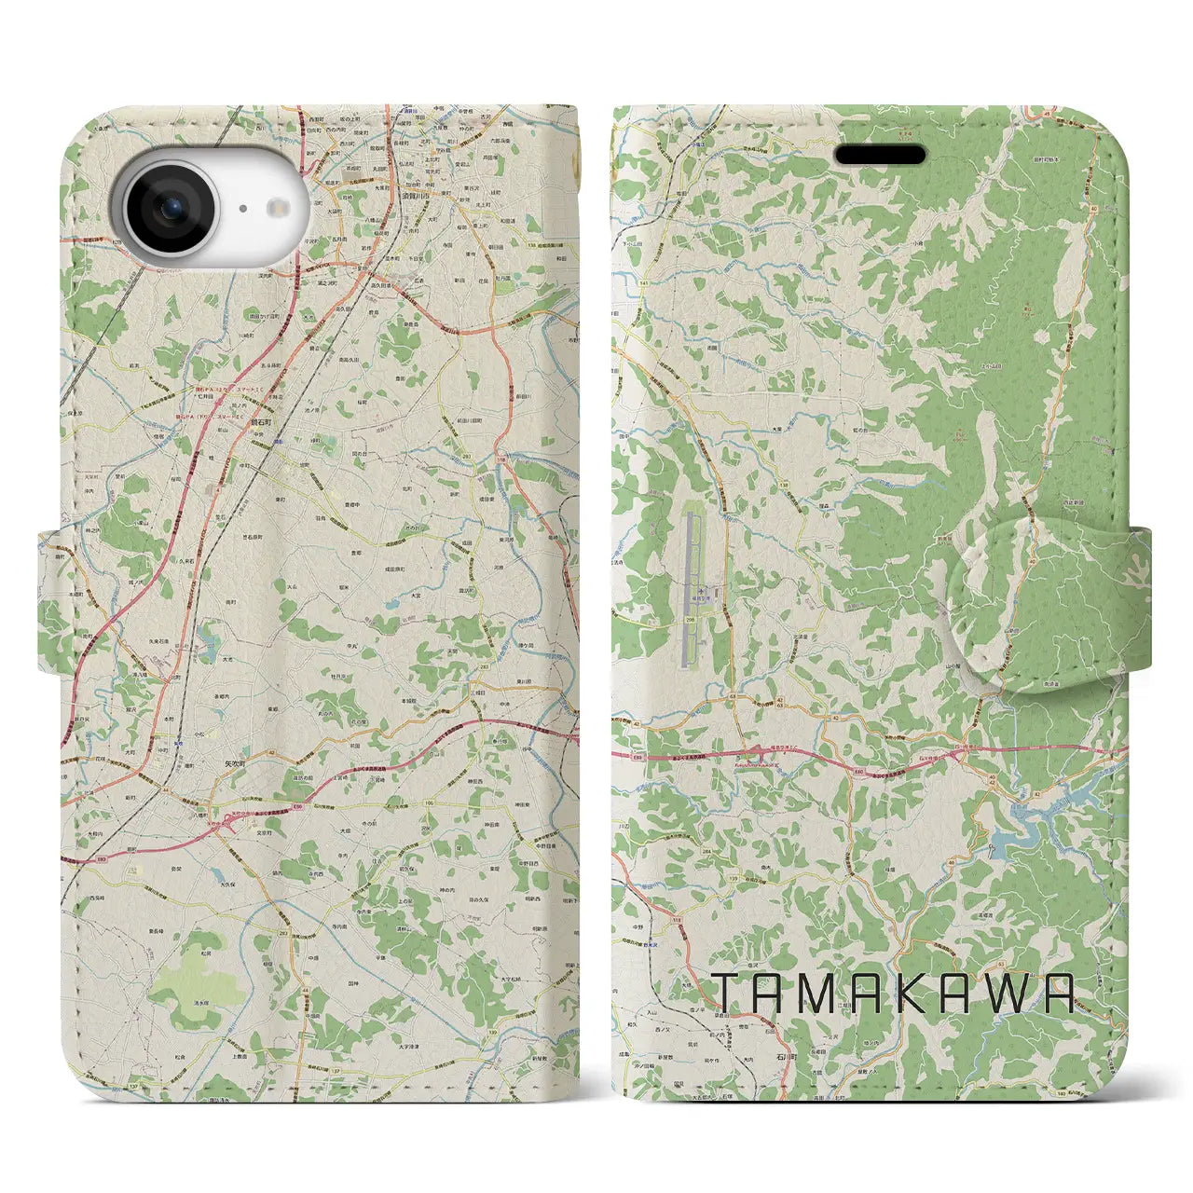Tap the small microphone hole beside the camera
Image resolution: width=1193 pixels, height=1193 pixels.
[242, 210]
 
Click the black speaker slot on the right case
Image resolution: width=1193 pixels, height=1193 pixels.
[880, 155]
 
